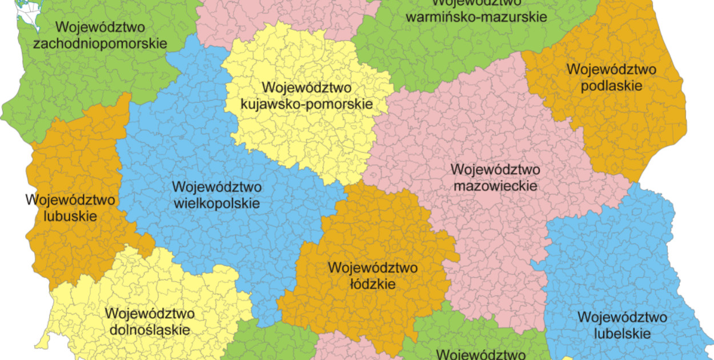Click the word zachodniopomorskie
point(100,43)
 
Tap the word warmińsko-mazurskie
point(476,16)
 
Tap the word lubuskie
point(70,216)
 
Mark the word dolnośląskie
point(150,330)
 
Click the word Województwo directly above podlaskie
point(611,70)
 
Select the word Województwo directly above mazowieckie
point(495,170)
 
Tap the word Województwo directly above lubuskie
point(70,200)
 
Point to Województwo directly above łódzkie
point(372,267)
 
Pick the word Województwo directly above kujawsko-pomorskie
point(307,88)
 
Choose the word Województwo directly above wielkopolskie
point(216,187)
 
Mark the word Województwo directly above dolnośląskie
point(150,314)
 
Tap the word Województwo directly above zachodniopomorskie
point(100,27)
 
